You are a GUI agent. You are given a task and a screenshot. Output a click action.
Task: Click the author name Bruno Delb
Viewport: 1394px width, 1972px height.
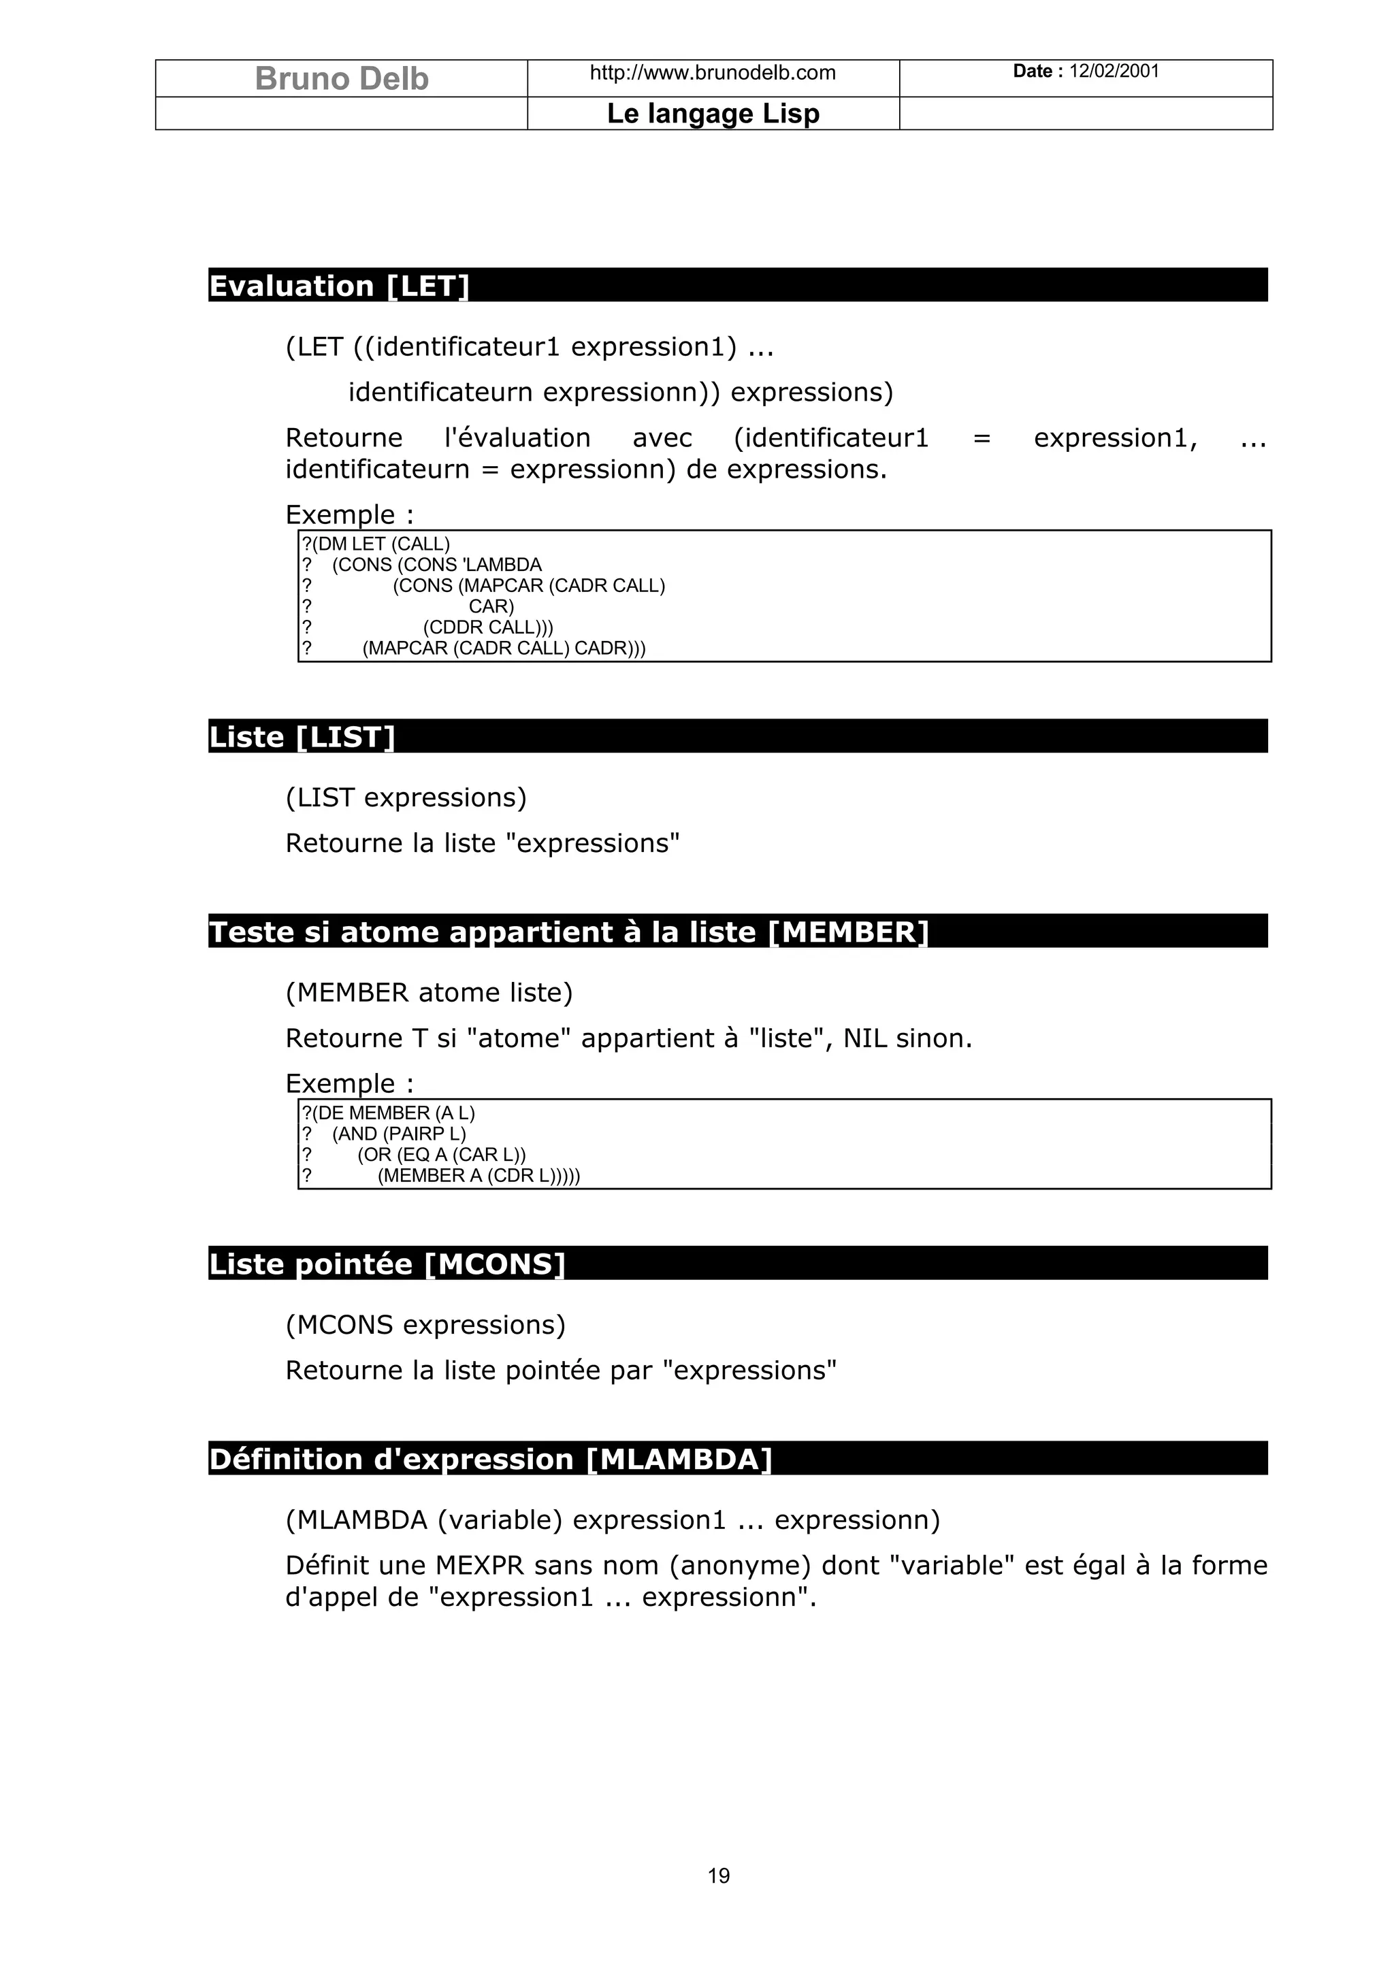click(341, 79)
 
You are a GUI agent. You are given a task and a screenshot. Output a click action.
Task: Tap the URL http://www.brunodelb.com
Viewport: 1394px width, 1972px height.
click(712, 73)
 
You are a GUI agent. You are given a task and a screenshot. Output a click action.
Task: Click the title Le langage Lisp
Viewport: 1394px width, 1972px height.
click(713, 114)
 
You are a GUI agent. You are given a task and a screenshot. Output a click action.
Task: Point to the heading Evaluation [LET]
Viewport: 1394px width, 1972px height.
click(339, 286)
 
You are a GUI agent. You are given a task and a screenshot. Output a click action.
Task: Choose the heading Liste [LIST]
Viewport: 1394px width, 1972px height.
click(302, 737)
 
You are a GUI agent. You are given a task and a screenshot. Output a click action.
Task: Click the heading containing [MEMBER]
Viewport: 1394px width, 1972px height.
click(568, 932)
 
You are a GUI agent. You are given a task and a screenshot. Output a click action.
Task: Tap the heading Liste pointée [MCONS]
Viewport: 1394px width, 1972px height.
click(387, 1264)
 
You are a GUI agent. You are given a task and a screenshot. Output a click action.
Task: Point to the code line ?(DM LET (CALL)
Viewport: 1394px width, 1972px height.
click(375, 544)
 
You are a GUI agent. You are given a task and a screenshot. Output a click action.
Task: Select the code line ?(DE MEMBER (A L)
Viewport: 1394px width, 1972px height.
click(387, 1113)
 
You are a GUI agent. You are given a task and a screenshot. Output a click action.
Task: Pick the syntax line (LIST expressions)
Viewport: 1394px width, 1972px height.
click(406, 798)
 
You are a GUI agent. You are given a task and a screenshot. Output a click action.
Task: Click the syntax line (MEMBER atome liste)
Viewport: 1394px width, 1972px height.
click(429, 993)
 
